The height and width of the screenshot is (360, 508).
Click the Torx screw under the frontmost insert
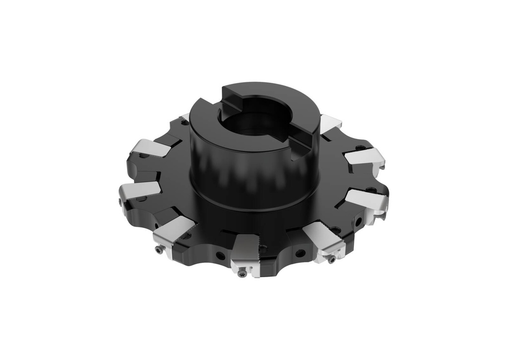pyautogui.click(x=242, y=272)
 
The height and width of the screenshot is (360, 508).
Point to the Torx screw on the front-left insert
pyautogui.click(x=158, y=250)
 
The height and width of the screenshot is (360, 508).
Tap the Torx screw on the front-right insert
pyautogui.click(x=331, y=259)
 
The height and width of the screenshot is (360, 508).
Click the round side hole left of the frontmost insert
pyautogui.click(x=219, y=256)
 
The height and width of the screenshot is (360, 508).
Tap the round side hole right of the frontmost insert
pyautogui.click(x=300, y=253)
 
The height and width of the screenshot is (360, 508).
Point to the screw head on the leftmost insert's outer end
pyautogui.click(x=121, y=202)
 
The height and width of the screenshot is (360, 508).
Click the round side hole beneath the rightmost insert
pyautogui.click(x=358, y=222)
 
